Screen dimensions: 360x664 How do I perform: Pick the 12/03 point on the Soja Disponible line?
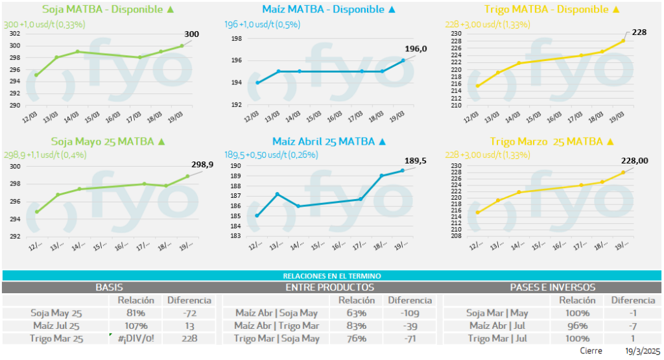[36, 75]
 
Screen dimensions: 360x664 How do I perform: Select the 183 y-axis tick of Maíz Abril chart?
[236, 236]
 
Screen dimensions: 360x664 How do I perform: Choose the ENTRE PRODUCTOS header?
[329, 287]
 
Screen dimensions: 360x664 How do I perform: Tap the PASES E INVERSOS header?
[553, 287]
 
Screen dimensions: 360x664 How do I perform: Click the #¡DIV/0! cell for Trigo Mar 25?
[136, 338]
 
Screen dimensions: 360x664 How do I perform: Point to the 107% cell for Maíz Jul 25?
[136, 326]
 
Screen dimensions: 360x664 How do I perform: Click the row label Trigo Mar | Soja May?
[277, 338]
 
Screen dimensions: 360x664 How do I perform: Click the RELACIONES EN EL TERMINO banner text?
[331, 276]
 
